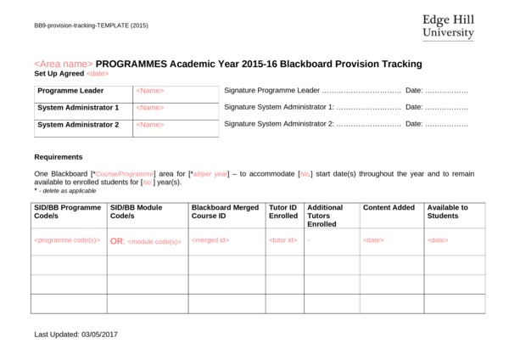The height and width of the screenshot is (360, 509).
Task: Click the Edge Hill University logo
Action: [447, 26]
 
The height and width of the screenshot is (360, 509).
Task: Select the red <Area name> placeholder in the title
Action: [63, 64]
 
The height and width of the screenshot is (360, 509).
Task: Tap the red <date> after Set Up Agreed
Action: [98, 74]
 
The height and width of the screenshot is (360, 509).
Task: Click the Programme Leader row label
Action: [70, 90]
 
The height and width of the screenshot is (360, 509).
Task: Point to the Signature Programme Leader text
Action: [271, 90]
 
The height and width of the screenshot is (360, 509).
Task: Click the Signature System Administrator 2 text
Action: [279, 124]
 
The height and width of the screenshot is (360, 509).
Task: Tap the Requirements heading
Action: [58, 157]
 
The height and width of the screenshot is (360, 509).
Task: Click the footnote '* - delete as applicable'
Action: [65, 191]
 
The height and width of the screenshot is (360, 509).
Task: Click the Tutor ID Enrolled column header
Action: [283, 211]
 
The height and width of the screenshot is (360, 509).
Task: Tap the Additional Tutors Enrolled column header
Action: [327, 216]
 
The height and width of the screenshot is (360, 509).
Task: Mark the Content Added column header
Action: [389, 207]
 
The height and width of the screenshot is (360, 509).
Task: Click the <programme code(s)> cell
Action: [67, 240]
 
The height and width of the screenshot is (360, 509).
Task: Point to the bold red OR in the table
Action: [117, 241]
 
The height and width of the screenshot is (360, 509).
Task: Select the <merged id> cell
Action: [210, 240]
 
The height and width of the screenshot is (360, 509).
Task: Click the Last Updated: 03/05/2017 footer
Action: [76, 335]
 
